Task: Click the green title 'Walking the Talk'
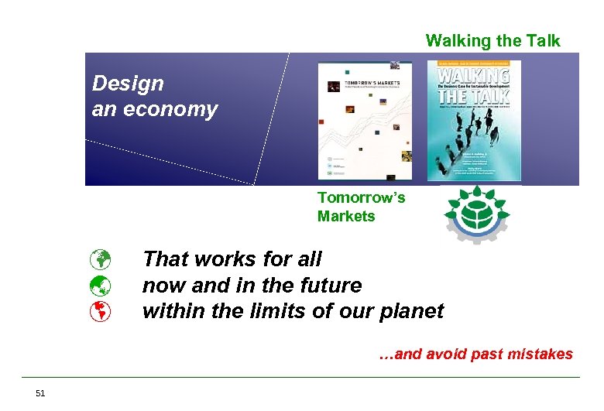[x=492, y=41]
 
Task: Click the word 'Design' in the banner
[x=128, y=83]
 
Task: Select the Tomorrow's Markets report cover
[x=365, y=120]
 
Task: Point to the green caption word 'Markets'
[x=345, y=217]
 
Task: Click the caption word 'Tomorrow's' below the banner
[x=361, y=198]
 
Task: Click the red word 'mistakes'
[x=540, y=354]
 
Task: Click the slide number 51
[x=40, y=393]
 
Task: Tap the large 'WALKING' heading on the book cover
[x=473, y=77]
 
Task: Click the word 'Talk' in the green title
[x=541, y=41]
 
